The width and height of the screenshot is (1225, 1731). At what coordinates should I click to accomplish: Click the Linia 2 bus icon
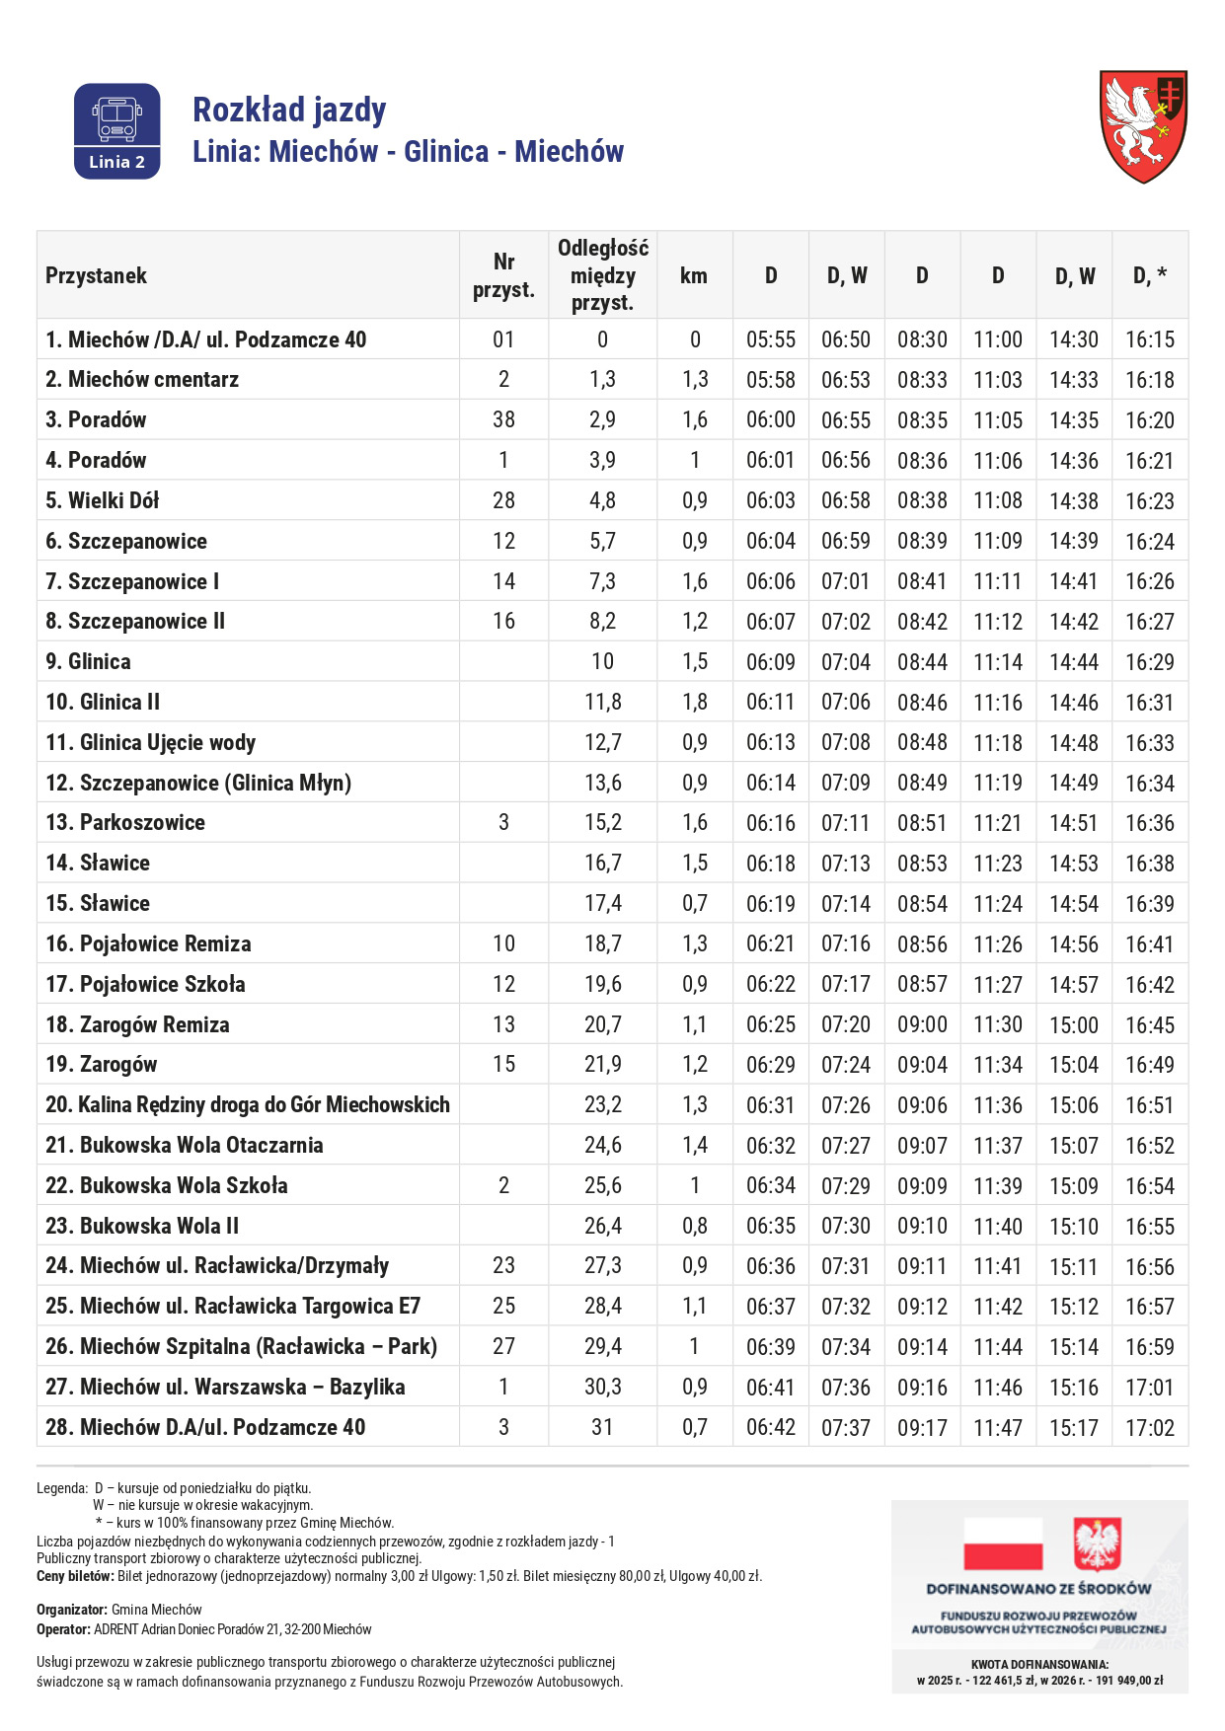click(116, 130)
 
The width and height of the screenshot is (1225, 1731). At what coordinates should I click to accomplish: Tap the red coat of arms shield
click(1143, 125)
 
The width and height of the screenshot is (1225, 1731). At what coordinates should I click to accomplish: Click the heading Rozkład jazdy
click(289, 110)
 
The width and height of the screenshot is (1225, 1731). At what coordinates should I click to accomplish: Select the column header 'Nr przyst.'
click(503, 275)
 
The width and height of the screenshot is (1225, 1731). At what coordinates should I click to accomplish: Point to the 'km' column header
click(694, 275)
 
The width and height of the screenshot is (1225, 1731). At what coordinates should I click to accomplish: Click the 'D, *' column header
click(1150, 275)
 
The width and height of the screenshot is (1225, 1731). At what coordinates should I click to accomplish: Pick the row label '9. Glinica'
click(88, 661)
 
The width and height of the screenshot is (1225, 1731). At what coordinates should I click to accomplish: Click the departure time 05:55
click(770, 339)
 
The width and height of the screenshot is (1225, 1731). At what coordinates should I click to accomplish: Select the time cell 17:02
click(1150, 1427)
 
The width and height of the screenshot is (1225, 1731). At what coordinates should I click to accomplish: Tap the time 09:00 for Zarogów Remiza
click(922, 1024)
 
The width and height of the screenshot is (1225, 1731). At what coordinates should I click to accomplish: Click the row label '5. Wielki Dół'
click(102, 500)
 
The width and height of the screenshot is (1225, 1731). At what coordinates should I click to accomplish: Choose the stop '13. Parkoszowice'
click(125, 822)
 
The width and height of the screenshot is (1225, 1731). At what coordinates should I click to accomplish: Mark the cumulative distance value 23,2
click(602, 1104)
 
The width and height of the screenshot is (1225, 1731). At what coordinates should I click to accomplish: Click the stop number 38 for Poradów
click(503, 419)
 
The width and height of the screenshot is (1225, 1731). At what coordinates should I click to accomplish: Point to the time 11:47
click(998, 1427)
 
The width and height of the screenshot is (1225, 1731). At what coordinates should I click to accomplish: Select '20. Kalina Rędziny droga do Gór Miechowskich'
click(248, 1104)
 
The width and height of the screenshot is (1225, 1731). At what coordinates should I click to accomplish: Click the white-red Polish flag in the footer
click(1002, 1543)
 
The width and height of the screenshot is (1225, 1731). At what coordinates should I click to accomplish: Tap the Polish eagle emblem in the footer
click(1097, 1543)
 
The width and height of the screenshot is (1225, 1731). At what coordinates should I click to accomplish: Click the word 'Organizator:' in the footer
click(72, 1610)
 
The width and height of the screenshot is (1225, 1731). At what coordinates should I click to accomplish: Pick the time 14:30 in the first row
click(1074, 339)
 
